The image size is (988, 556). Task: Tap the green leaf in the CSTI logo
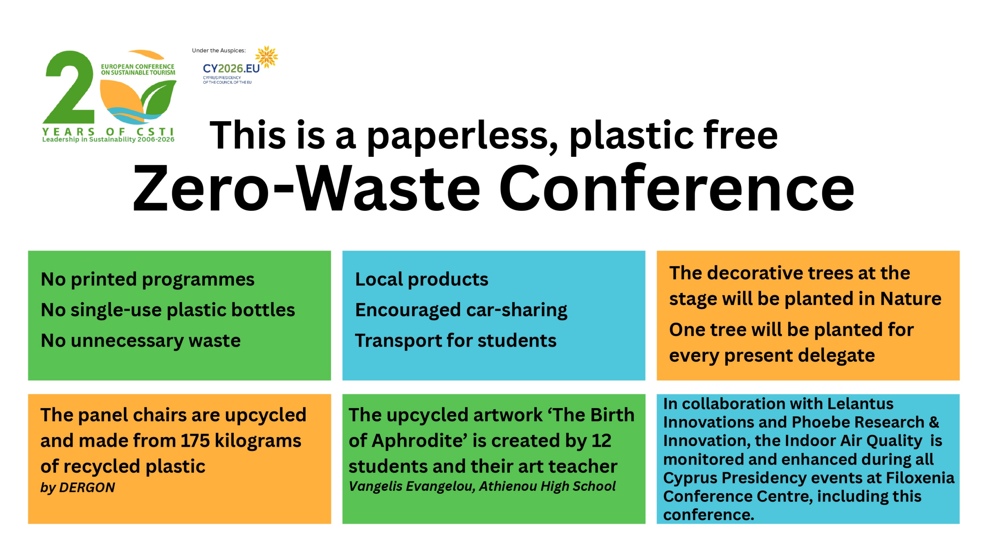coord(159,98)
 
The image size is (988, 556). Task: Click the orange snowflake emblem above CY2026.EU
coord(266,57)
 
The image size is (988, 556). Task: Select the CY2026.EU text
coord(231,69)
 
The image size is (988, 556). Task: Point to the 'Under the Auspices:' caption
coord(219,51)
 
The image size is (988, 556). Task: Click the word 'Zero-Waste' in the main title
coord(307,188)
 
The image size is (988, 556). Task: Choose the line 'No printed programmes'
coord(147,279)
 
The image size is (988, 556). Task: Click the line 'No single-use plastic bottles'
coord(168,310)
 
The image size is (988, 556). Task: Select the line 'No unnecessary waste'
coord(140,341)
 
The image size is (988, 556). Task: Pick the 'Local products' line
coord(421,279)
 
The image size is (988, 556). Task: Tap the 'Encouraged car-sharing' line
coord(461,310)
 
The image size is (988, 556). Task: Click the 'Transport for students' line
coord(456,341)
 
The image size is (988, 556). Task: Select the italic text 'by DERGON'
coord(78,488)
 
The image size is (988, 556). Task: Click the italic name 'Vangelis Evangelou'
coord(412,486)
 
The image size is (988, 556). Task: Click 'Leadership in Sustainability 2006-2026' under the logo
coord(108,139)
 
